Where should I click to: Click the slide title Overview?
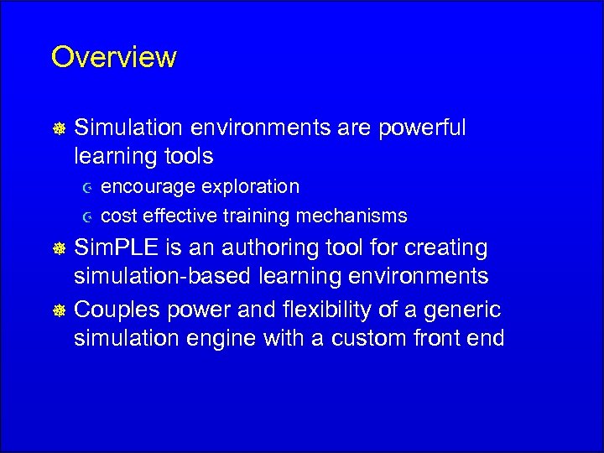(113, 57)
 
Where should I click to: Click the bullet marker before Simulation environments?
(60, 128)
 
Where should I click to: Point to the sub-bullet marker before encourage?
(87, 187)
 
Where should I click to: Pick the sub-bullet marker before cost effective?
(87, 216)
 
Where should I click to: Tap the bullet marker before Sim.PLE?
(60, 249)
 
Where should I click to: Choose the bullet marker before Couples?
(60, 310)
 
